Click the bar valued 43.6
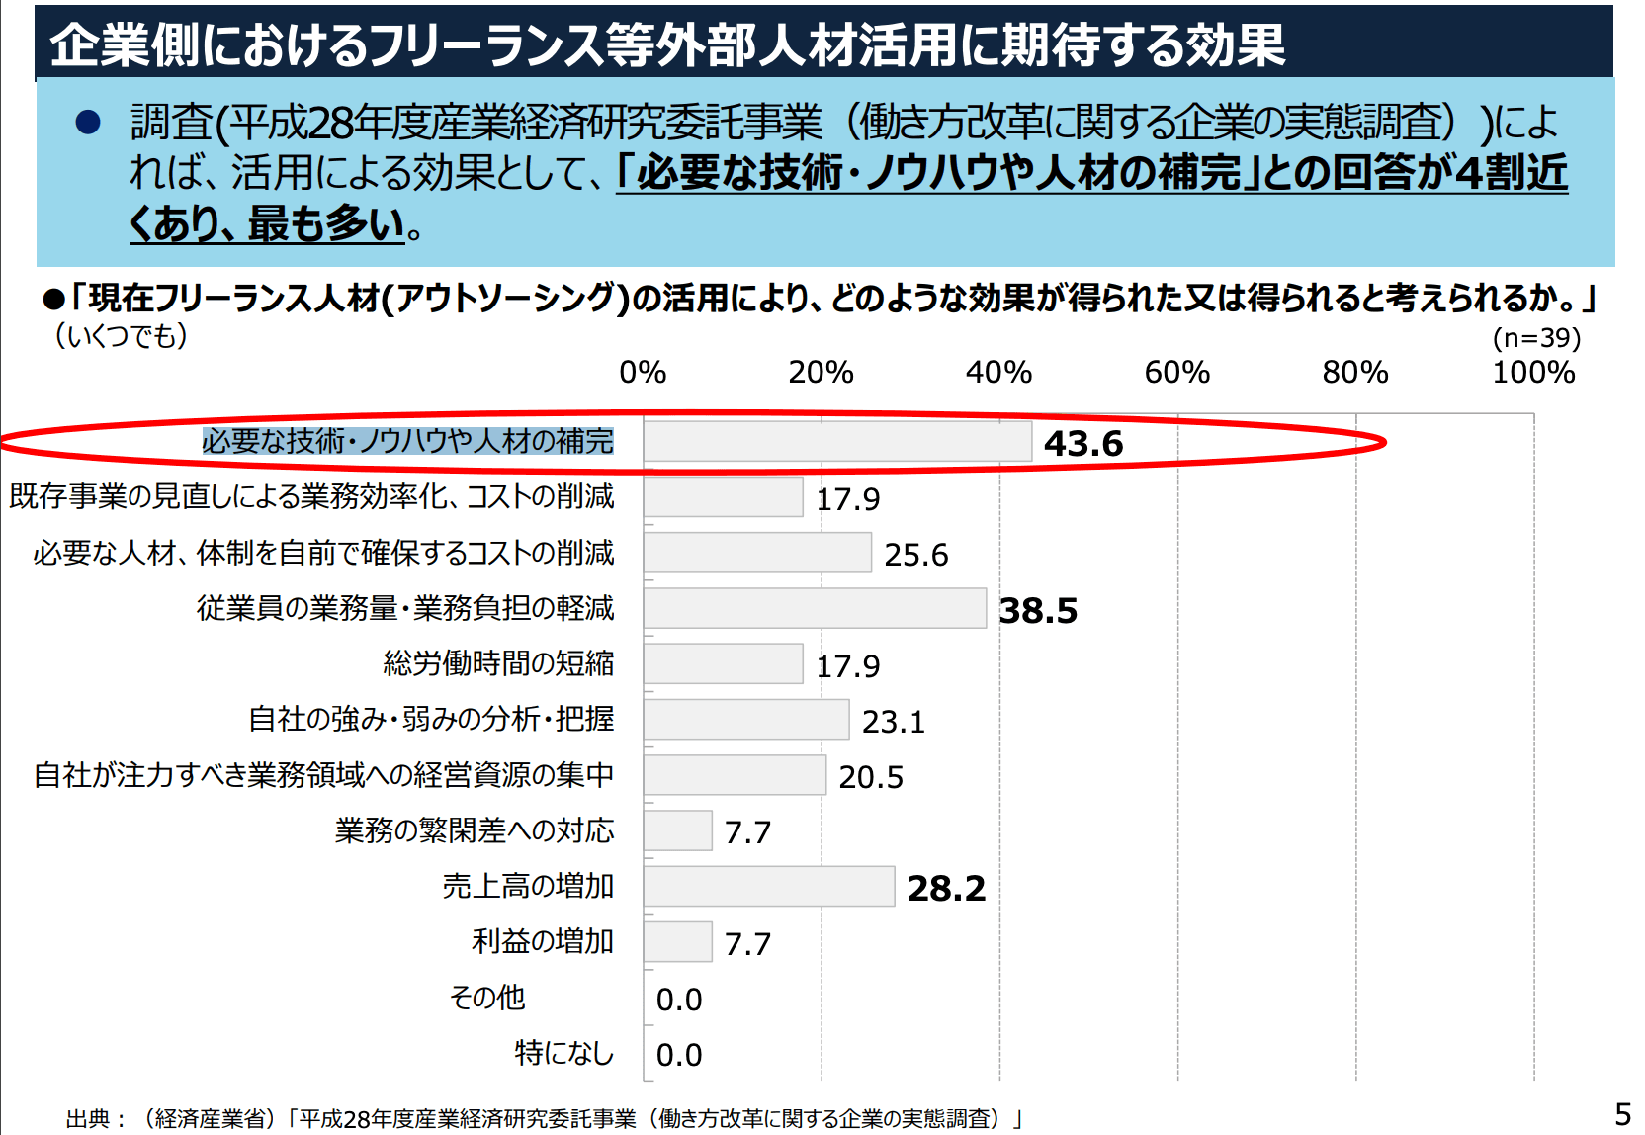pos(837,442)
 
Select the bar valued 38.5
pos(815,608)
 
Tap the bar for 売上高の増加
pos(769,887)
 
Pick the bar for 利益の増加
pos(678,942)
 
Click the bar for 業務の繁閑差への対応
pos(678,830)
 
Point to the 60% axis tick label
pos(1176,373)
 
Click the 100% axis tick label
pos(1533,373)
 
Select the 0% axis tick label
pos(643,373)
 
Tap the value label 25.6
pos(915,555)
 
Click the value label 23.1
pos(893,722)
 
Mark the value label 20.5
pos(870,777)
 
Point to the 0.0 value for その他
pos(679,1000)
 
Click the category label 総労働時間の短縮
pos(498,663)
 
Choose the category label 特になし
pos(563,1053)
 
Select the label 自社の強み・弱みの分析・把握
pos(431,719)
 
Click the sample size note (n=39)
pos(1536,338)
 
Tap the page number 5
pos(1622,1115)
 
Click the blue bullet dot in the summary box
pos(88,122)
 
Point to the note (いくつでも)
pos(121,336)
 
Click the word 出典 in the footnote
pos(88,1119)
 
